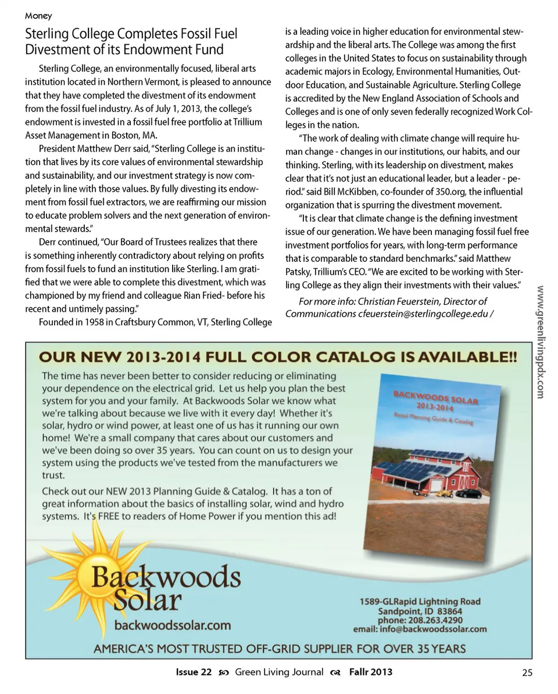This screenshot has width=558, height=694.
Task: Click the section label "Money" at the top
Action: coord(38,16)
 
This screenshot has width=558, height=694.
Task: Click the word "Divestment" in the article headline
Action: coord(54,49)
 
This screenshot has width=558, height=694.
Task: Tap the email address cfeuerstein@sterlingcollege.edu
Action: coord(417,314)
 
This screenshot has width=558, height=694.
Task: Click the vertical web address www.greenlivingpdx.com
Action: coord(541,341)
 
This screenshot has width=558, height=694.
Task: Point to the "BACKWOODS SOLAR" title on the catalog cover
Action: coord(436,398)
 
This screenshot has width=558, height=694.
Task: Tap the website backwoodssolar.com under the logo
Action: coord(173,625)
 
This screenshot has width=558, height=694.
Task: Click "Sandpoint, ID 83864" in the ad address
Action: coord(420,611)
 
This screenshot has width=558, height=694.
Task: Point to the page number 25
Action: coord(527,672)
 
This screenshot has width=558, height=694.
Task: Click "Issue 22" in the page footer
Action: coord(194,672)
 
